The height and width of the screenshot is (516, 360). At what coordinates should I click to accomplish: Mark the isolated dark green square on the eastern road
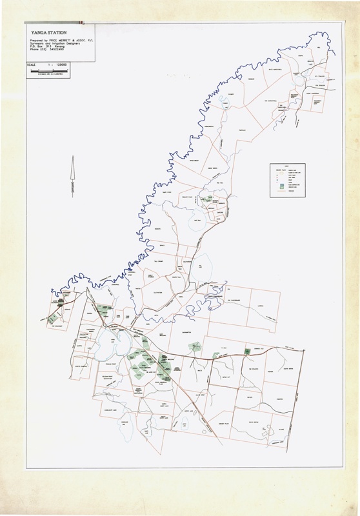[247, 350]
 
